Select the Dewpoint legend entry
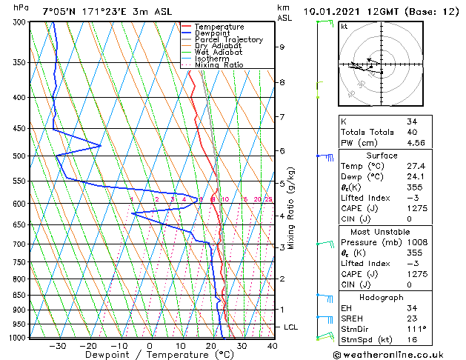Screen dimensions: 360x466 (213, 33)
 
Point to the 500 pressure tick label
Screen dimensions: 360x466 (21, 156)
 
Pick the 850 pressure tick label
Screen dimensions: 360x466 (21, 295)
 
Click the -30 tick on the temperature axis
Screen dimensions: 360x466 (57, 345)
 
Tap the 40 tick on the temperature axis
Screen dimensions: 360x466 (272, 345)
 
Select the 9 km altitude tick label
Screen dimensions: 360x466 (282, 47)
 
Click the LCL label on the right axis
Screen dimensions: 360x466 (291, 327)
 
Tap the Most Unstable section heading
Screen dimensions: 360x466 (379, 231)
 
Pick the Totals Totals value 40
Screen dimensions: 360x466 (411, 132)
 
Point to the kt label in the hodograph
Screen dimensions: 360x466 (344, 26)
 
